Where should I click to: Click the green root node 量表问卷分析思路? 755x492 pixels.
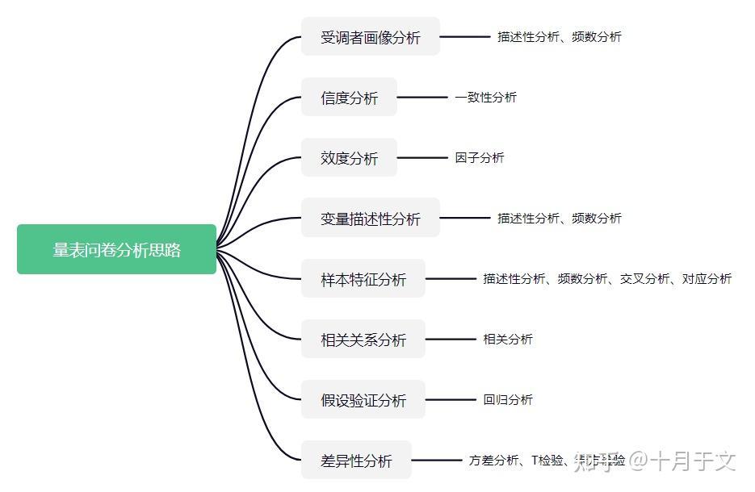coord(117,249)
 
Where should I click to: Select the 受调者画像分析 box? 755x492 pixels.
coord(370,37)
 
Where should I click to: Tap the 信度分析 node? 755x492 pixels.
coord(349,98)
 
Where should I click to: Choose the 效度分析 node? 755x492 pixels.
coord(349,158)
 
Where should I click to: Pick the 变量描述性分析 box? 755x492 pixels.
coord(370,219)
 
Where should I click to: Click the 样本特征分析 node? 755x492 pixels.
coord(363,279)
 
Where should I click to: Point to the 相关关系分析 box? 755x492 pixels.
coord(363,340)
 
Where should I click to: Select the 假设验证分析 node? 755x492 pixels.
coord(363,400)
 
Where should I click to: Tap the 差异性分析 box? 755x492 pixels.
coord(356,461)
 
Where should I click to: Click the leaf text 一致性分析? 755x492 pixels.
coord(485,98)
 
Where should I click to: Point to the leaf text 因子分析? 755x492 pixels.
coord(479,158)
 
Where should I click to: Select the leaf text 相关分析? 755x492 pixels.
coord(508,340)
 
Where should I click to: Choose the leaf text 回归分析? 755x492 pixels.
coord(508,400)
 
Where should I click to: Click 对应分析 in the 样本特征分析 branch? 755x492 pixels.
coord(707,279)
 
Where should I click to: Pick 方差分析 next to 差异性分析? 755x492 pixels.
coord(493,461)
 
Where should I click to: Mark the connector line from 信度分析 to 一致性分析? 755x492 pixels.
coord(422,98)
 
